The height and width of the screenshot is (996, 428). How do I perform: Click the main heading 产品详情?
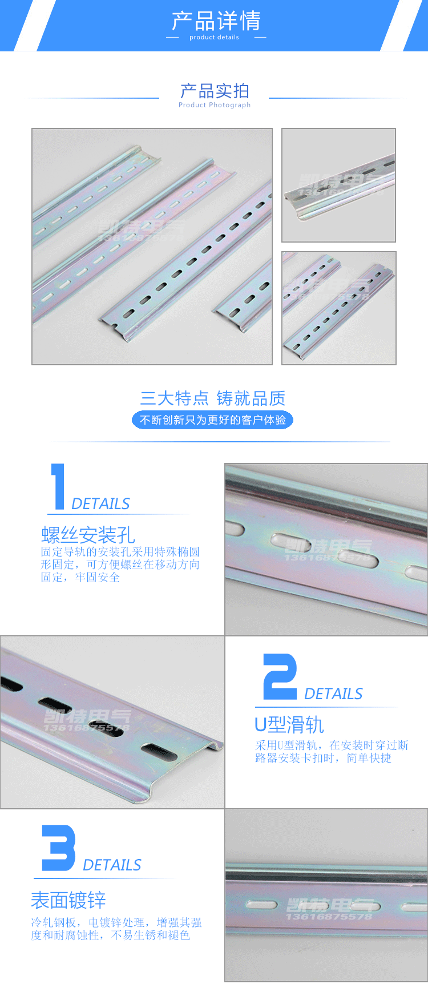(216, 21)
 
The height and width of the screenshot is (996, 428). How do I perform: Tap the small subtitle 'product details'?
(214, 38)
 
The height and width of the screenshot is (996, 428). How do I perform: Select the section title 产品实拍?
(215, 91)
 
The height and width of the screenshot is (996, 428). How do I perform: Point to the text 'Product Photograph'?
(215, 105)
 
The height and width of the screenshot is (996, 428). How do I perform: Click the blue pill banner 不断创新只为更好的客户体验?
(212, 420)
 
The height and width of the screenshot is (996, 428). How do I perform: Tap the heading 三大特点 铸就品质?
(212, 398)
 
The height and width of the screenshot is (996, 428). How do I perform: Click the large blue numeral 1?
(58, 486)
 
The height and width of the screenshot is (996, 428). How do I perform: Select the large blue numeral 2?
(280, 677)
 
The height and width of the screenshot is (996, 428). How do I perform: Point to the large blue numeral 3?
(58, 848)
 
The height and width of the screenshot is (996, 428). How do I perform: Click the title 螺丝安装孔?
(88, 535)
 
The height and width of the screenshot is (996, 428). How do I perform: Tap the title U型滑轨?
(289, 725)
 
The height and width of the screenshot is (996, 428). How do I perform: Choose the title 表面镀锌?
(68, 900)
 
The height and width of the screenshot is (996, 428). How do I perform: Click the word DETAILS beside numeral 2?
(333, 694)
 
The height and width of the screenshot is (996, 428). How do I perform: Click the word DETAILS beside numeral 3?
(112, 865)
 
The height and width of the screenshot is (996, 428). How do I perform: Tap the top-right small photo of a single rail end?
(338, 185)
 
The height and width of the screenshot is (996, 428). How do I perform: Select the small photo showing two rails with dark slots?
(338, 308)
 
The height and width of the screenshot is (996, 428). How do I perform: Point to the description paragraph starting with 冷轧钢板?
(116, 929)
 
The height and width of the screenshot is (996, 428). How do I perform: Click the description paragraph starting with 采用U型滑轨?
(332, 752)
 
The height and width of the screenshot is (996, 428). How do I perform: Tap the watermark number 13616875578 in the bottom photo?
(329, 917)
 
